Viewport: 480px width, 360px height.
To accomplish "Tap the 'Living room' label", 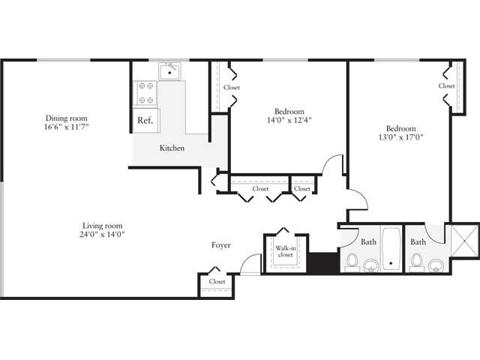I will point(103,225).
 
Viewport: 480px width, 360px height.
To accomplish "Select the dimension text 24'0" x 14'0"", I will point(103,235).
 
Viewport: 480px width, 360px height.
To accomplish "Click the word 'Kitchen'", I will point(172,148).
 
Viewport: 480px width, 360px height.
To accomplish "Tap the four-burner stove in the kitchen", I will point(145,94).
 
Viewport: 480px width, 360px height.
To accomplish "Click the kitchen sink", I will point(170,72).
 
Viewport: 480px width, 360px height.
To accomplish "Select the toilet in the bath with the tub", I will point(352,262).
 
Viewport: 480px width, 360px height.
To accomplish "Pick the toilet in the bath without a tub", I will point(416,262).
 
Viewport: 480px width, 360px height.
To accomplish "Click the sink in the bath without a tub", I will point(436,264).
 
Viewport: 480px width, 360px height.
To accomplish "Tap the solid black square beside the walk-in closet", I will point(322,263).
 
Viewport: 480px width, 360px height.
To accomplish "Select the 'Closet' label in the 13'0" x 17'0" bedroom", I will point(447,86).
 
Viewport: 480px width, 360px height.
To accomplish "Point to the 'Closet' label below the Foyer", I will point(217,282).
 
